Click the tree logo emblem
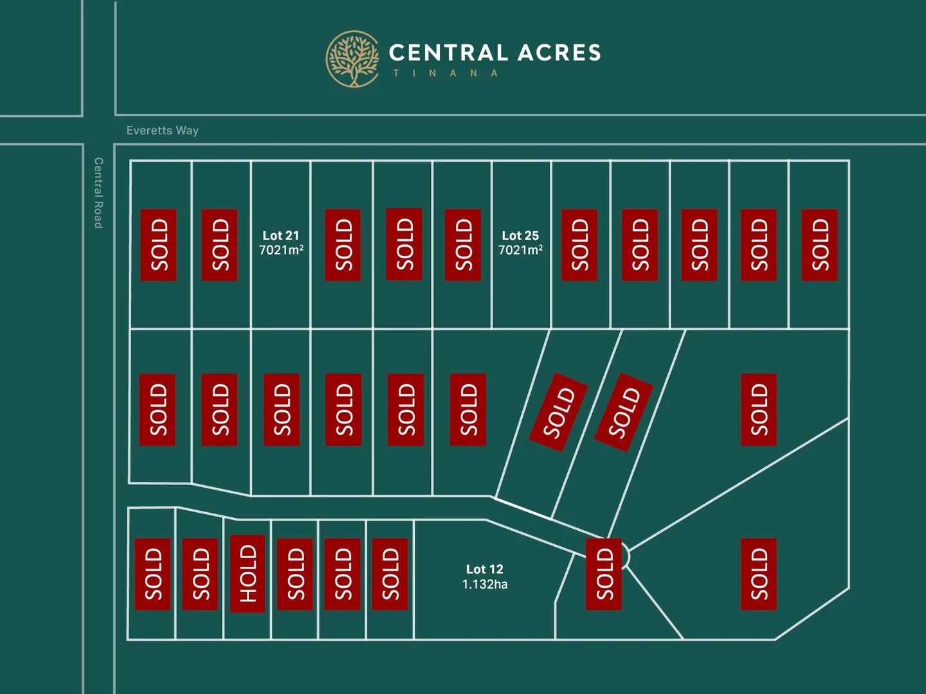pyautogui.click(x=352, y=58)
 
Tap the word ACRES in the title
pyautogui.click(x=559, y=53)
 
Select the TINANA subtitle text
pyautogui.click(x=446, y=73)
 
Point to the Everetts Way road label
pyautogui.click(x=163, y=130)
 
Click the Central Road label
pyautogui.click(x=98, y=193)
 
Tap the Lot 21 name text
pyautogui.click(x=281, y=236)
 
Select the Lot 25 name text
pyautogui.click(x=520, y=236)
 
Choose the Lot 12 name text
pyautogui.click(x=485, y=569)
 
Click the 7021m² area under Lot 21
pyautogui.click(x=281, y=250)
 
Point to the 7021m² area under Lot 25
pyautogui.click(x=520, y=250)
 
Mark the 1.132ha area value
pyautogui.click(x=485, y=584)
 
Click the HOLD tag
pyautogui.click(x=248, y=574)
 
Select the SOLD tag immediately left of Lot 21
pyautogui.click(x=219, y=245)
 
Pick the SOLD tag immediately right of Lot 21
pyautogui.click(x=343, y=245)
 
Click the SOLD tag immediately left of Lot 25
pyautogui.click(x=463, y=245)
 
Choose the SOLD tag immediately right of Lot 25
pyautogui.click(x=579, y=245)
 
